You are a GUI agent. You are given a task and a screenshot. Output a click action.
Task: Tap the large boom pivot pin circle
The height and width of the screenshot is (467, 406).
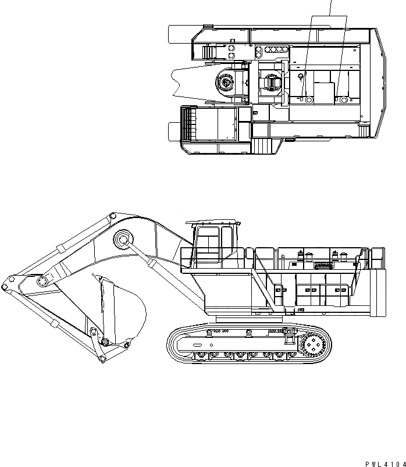[x=123, y=240]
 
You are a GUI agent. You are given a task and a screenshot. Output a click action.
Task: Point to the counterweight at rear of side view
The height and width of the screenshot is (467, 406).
[x=377, y=291]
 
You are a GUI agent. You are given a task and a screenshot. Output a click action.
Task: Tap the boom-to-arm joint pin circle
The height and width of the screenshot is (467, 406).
[x=42, y=281]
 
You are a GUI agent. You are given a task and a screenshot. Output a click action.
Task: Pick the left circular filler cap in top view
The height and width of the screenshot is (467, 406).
[x=308, y=101]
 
